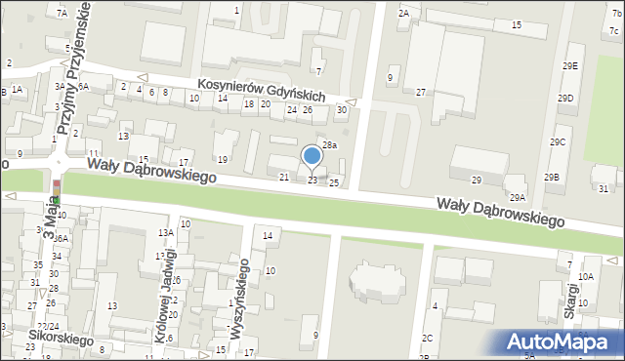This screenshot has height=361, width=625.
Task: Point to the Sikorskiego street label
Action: tap(60, 341)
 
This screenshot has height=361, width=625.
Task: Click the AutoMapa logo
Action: tap(563, 341)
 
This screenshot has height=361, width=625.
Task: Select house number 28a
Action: tap(330, 145)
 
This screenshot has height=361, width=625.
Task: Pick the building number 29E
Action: tap(570, 65)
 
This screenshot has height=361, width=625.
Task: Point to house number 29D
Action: tap(565, 99)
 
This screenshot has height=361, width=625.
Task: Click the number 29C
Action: tap(557, 142)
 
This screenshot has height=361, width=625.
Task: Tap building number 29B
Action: tap(552, 177)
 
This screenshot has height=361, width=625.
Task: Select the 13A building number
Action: tap(166, 232)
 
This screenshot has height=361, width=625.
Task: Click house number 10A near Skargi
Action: tap(585, 276)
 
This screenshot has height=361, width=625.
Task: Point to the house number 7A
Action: tap(62, 13)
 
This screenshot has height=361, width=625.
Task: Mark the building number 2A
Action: tap(402, 14)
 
